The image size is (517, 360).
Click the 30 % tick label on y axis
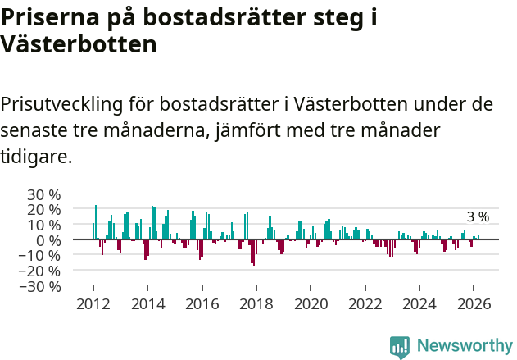44,194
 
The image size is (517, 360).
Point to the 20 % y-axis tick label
44,210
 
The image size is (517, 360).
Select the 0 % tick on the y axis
48,240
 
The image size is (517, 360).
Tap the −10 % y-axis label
41,256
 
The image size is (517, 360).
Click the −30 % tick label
41,286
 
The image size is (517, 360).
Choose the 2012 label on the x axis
93,303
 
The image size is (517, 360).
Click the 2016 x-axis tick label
202,303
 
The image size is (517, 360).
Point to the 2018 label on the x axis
256,303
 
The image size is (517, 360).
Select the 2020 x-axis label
311,303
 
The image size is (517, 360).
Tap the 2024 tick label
419,303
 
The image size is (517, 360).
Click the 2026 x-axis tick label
474,303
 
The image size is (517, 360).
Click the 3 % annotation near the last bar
478,217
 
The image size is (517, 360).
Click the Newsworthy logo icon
400,346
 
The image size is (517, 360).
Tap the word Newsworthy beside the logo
464,346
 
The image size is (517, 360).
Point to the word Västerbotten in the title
79,44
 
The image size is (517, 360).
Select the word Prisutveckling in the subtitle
61,105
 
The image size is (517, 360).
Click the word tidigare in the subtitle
36,156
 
